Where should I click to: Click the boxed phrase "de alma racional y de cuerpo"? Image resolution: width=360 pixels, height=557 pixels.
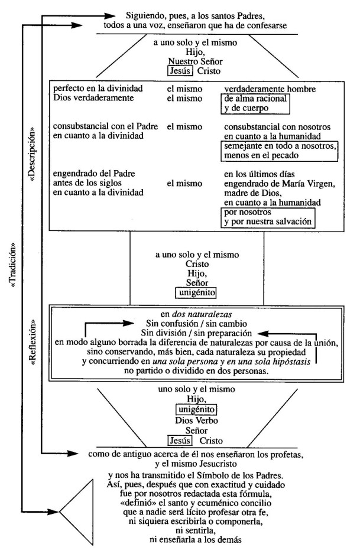[x=255, y=103]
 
